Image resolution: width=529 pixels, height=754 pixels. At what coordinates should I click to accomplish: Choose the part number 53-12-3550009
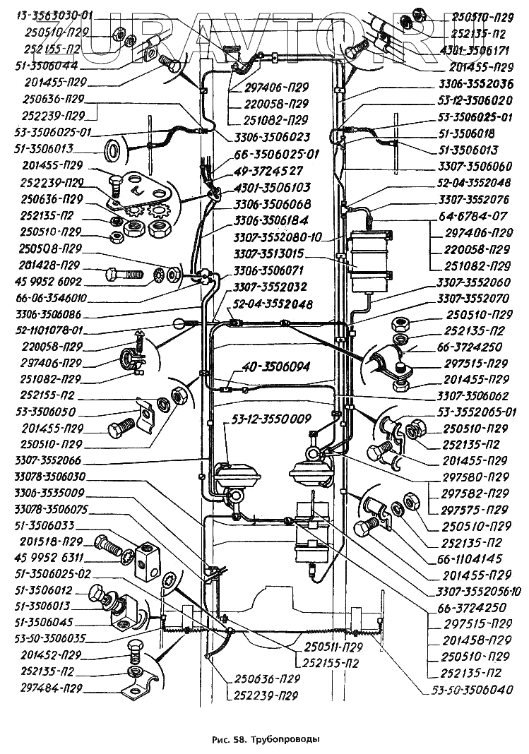tap(268, 419)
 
